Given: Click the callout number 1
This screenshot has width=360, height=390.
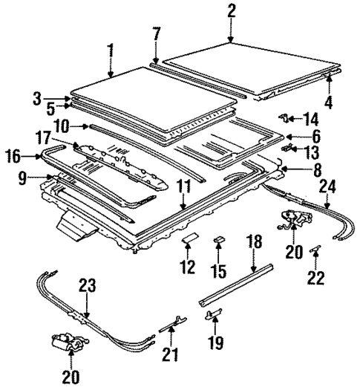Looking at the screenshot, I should (x=110, y=51).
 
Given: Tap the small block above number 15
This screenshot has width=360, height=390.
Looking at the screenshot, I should (x=219, y=239).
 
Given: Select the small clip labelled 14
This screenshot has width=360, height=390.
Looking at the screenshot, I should (x=284, y=117).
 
